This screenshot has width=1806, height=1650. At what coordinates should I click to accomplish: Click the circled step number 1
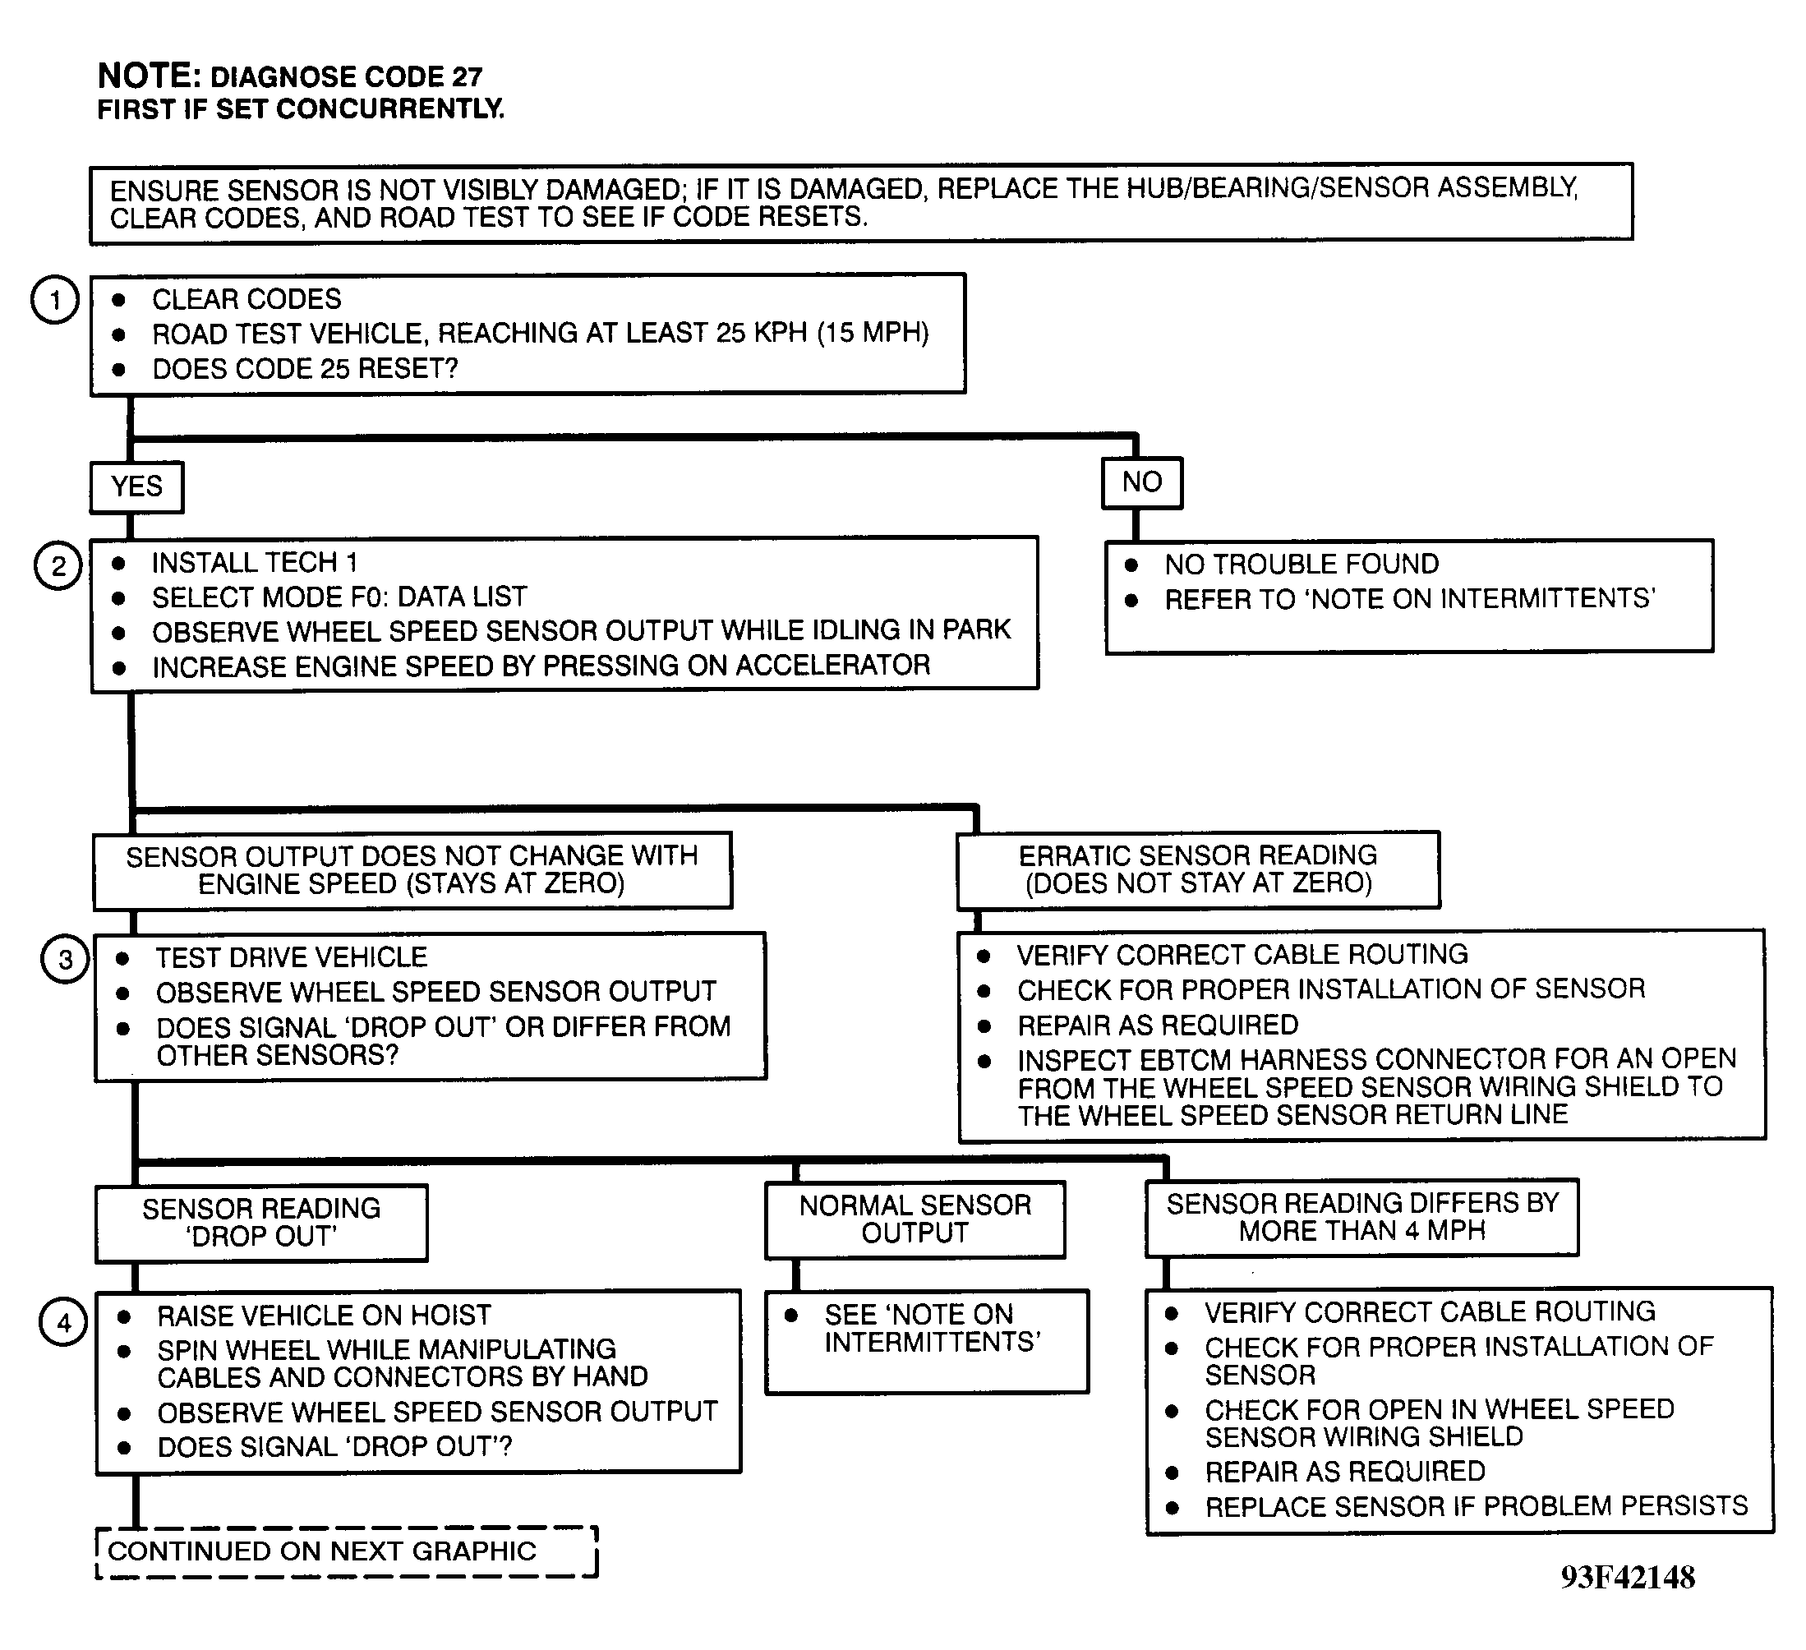(56, 299)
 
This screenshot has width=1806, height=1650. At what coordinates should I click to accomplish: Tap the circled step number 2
(58, 566)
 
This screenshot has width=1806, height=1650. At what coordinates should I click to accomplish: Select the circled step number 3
(64, 960)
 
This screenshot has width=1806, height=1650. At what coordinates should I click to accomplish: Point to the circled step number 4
(62, 1322)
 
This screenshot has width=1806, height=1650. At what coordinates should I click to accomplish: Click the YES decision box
(137, 487)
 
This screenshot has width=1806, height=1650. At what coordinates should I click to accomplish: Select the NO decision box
(1142, 483)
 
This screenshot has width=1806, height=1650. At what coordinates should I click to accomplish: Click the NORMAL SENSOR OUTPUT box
(915, 1219)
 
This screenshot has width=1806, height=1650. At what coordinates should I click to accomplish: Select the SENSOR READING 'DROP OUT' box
(261, 1224)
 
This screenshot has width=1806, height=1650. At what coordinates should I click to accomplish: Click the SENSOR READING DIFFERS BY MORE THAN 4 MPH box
(1361, 1217)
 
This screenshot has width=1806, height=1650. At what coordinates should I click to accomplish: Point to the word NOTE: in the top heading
(149, 76)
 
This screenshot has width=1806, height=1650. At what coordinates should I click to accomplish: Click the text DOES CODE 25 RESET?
(306, 369)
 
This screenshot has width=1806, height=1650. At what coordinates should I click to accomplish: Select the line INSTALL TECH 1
(255, 563)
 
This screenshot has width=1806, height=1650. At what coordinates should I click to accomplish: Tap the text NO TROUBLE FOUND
(1302, 565)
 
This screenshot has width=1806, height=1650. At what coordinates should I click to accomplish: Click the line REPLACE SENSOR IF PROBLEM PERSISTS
(1477, 1505)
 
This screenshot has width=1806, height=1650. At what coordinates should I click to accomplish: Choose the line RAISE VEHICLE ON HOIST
(325, 1315)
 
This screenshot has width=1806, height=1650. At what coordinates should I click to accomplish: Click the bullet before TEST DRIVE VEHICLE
(122, 958)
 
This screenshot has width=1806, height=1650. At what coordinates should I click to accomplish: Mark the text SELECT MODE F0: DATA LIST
(339, 597)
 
